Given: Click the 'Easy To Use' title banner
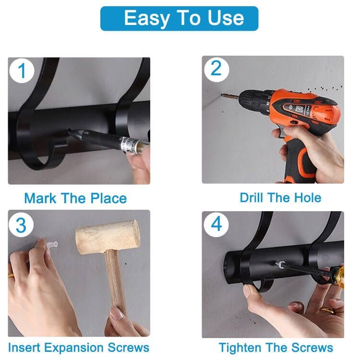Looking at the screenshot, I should (179, 18).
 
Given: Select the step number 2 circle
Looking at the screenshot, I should (216, 69).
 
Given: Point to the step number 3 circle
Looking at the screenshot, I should (21, 225).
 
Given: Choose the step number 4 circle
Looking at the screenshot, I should (216, 224).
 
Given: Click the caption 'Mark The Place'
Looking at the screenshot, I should (75, 198).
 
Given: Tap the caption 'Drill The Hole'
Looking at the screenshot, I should (280, 197).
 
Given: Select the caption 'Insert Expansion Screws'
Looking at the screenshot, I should (79, 348).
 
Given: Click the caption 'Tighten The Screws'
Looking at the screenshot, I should (276, 348).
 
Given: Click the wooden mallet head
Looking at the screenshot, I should (108, 237).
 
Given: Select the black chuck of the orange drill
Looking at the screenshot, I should (250, 100).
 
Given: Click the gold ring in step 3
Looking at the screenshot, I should (11, 275).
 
